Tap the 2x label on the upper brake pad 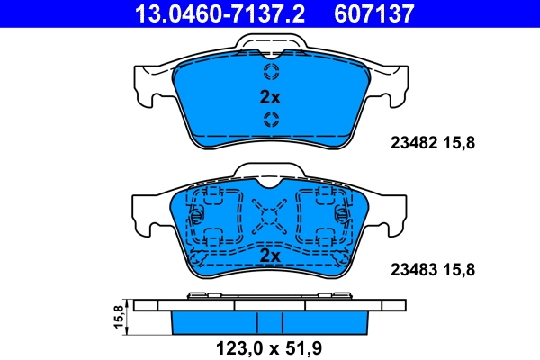270,96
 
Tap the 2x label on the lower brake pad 270,256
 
